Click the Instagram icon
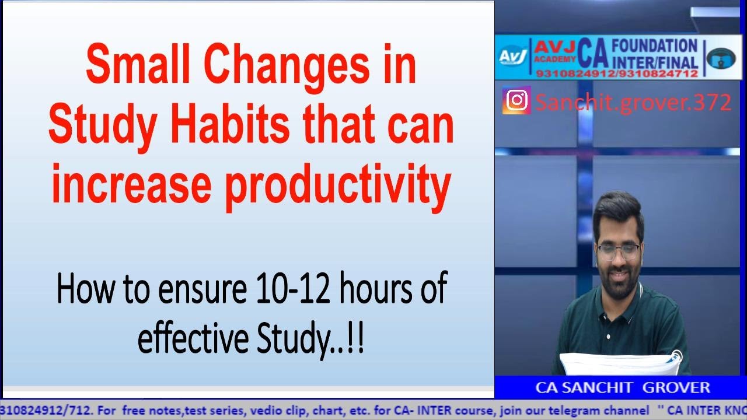(516, 100)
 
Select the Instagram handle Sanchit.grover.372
(633, 102)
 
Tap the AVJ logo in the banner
(512, 57)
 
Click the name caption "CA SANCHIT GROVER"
(622, 387)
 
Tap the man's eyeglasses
(619, 251)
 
